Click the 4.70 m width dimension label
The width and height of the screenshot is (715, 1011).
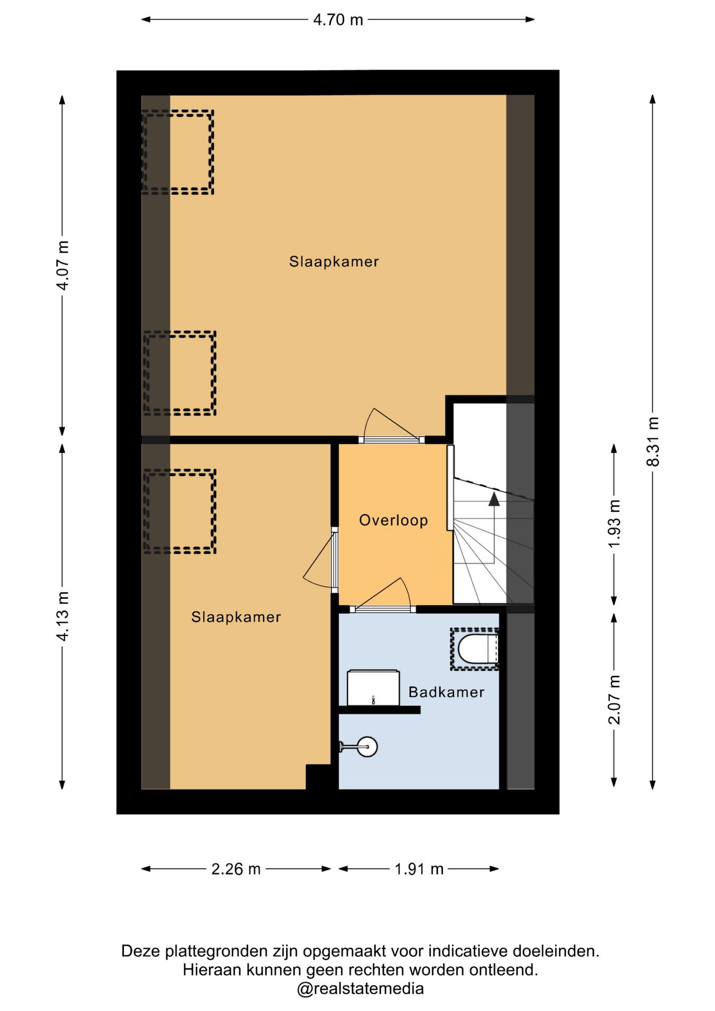(x=338, y=19)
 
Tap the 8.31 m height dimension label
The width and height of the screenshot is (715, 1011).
(x=653, y=441)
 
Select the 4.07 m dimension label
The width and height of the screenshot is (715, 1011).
(x=63, y=265)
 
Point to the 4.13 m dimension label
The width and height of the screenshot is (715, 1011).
(x=63, y=616)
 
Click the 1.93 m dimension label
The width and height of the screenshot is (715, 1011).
(x=614, y=524)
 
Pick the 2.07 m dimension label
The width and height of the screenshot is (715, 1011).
(x=614, y=699)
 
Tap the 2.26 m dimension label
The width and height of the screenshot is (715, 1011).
(x=236, y=869)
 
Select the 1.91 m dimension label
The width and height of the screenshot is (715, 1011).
(x=419, y=869)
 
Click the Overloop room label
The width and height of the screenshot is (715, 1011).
(x=393, y=520)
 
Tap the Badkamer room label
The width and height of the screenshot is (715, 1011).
(x=446, y=692)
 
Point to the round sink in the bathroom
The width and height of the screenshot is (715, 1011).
(x=367, y=746)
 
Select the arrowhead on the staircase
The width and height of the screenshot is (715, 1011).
(x=494, y=499)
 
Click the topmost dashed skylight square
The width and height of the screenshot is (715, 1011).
(x=177, y=152)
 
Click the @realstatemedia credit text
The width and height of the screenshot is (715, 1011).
(x=361, y=989)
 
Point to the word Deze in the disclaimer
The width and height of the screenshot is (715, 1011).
(x=142, y=951)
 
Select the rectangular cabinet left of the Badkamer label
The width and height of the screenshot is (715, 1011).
(x=373, y=688)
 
